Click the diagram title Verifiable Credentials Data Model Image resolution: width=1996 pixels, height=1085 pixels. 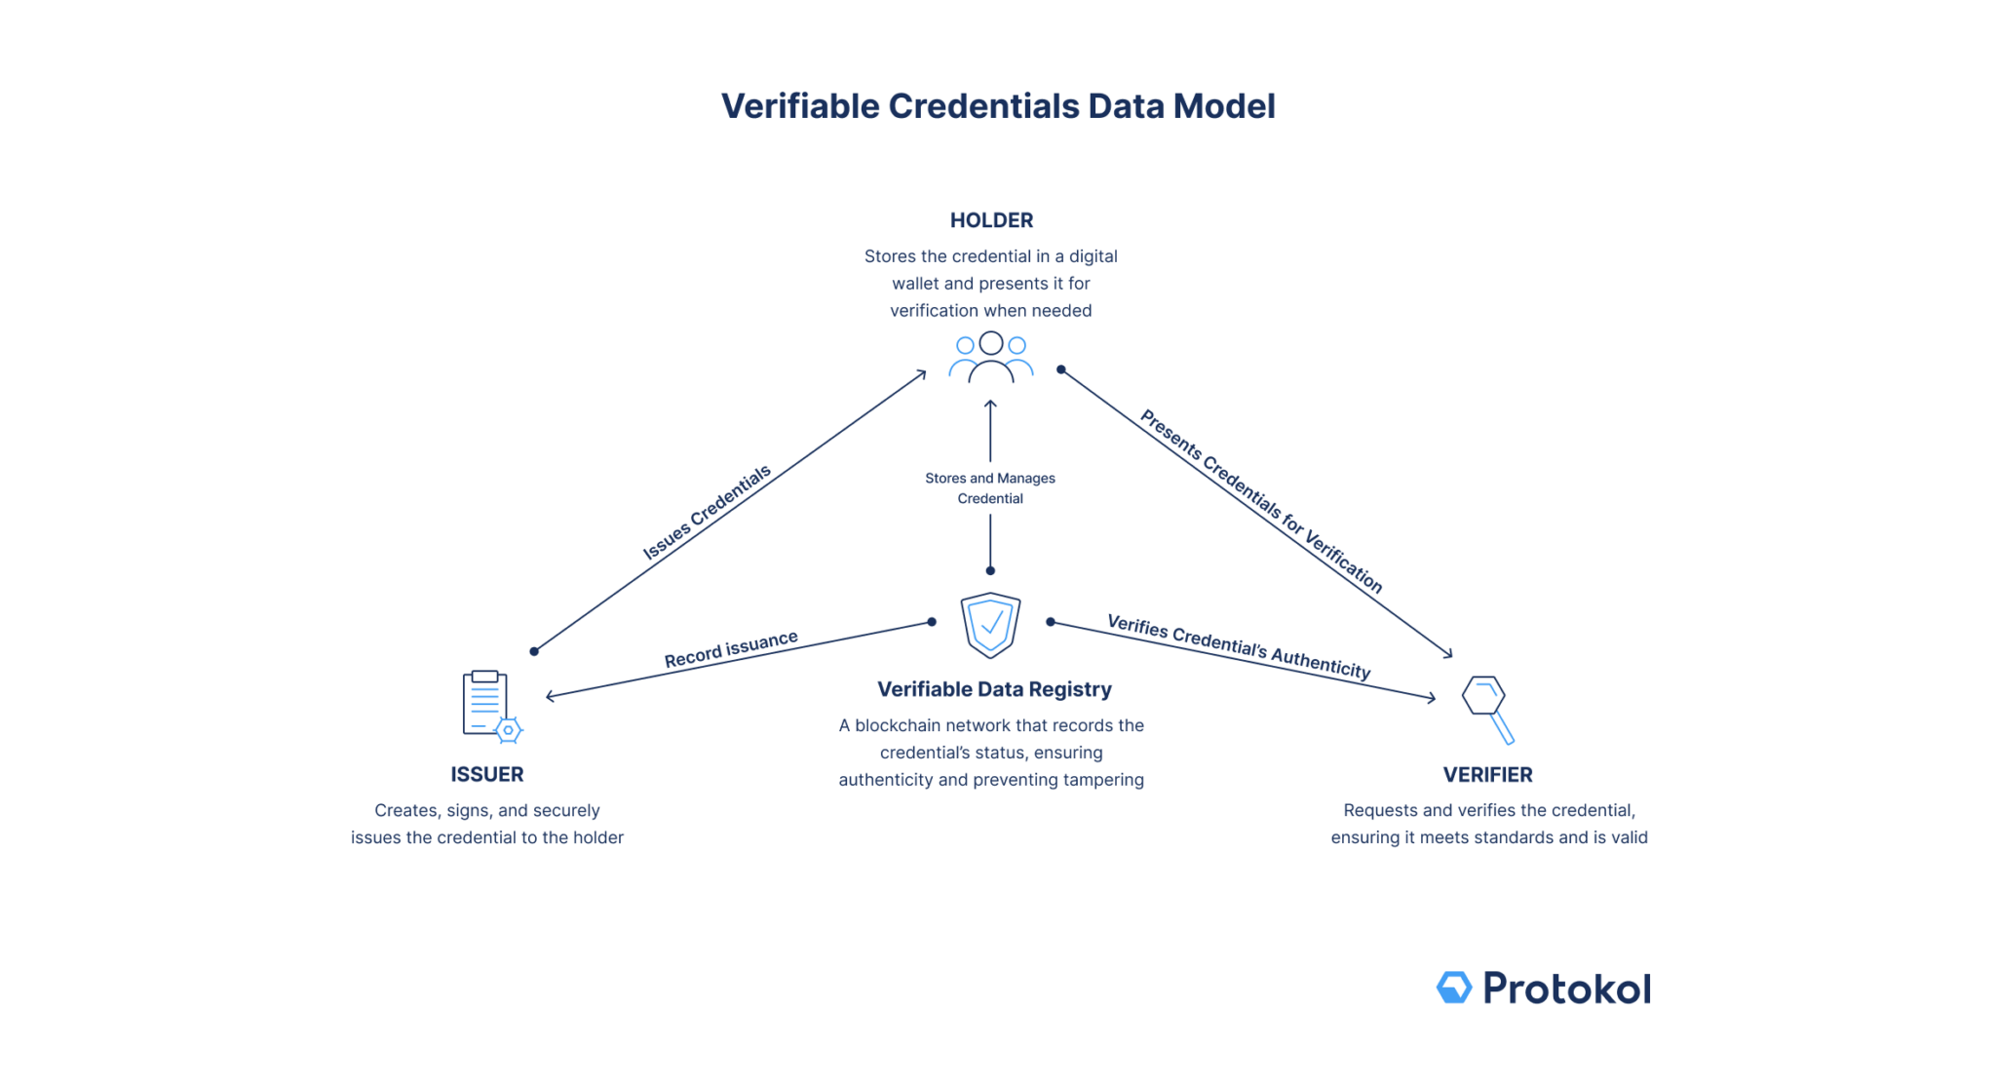click(997, 106)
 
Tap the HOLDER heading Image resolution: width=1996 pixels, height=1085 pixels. click(991, 220)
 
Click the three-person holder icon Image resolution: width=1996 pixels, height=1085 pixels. click(990, 358)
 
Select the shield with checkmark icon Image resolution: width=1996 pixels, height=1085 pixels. click(990, 625)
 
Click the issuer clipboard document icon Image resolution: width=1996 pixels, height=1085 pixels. click(485, 702)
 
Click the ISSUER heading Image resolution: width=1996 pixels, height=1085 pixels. click(487, 775)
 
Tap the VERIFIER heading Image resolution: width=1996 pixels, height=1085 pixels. click(1487, 775)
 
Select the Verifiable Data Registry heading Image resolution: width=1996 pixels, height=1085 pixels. click(994, 689)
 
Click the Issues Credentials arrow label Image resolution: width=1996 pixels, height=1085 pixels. click(707, 514)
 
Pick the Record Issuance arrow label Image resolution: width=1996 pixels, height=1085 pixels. click(731, 649)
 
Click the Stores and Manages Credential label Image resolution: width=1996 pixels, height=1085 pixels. click(990, 488)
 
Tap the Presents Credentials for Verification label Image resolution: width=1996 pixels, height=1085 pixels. click(1261, 501)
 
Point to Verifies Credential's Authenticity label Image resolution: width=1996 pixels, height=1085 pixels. click(1239, 646)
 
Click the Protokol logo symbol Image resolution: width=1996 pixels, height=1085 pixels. click(1453, 988)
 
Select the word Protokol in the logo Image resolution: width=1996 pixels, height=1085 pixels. click(1566, 988)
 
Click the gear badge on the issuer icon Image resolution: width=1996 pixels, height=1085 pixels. click(508, 730)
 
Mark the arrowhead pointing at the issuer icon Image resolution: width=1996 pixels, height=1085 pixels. click(551, 695)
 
